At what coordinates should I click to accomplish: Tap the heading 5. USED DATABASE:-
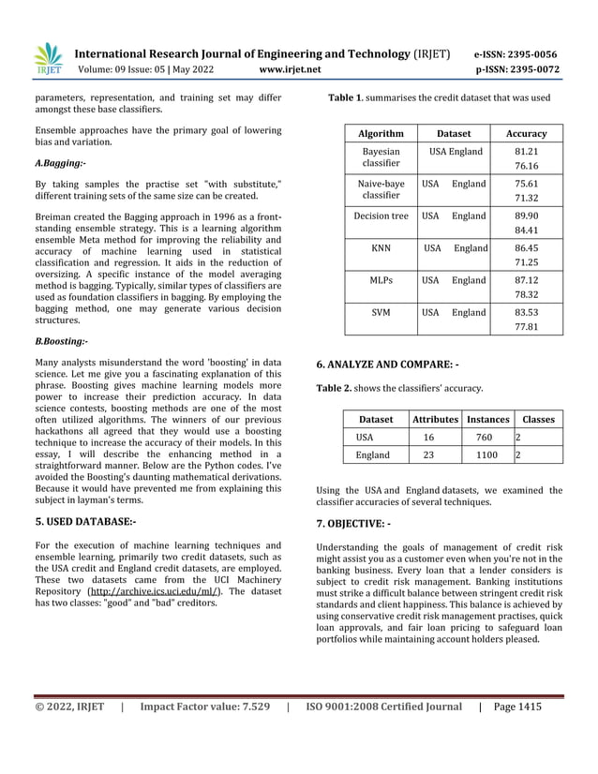[85, 521]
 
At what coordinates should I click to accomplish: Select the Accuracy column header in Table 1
[526, 133]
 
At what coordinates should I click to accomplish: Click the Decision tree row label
[381, 216]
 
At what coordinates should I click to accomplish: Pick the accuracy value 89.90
[526, 216]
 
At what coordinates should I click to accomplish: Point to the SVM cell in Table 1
[381, 312]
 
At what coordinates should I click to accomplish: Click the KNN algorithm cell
[381, 248]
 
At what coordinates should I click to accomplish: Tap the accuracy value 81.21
[526, 152]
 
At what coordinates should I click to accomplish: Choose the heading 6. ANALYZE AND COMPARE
[387, 364]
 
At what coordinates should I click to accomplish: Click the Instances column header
[488, 420]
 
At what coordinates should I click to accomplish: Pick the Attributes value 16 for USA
[428, 438]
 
